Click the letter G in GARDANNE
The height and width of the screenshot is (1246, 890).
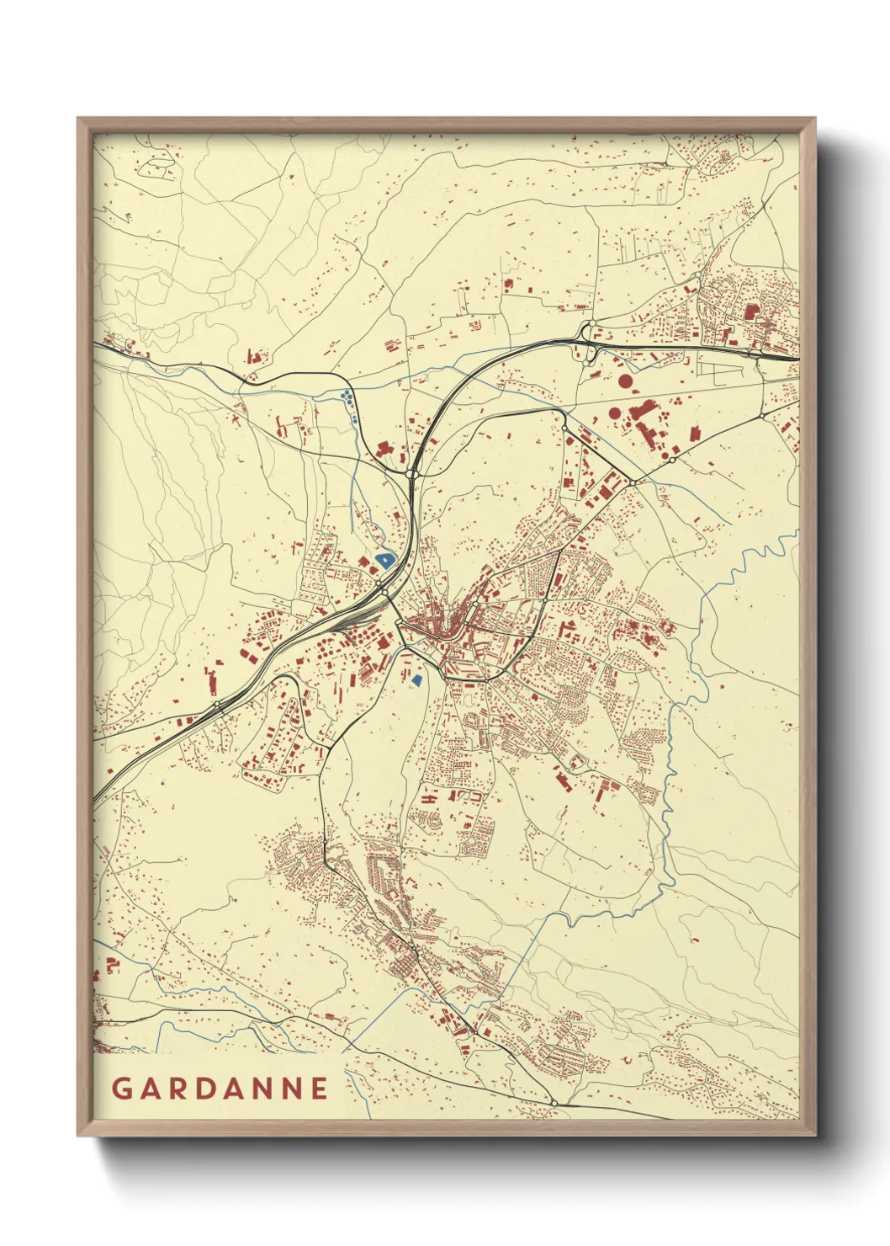[x=121, y=1088]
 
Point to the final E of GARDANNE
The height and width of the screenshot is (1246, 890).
[x=319, y=1088]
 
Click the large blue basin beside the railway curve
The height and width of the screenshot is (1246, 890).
[x=384, y=559]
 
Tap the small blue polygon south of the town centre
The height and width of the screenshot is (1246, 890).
[x=417, y=679]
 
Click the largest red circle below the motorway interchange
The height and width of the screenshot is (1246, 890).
[x=625, y=381]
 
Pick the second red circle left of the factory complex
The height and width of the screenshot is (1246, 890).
[x=615, y=413]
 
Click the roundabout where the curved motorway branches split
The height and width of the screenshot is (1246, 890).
[x=411, y=475]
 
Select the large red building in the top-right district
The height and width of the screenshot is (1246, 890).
[x=750, y=311]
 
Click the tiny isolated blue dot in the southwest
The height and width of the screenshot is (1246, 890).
[x=162, y=783]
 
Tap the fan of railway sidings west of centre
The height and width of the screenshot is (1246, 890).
[x=341, y=621]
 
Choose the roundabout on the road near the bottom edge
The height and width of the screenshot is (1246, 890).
[x=554, y=1102]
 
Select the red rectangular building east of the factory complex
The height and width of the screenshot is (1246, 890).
[x=695, y=434]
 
